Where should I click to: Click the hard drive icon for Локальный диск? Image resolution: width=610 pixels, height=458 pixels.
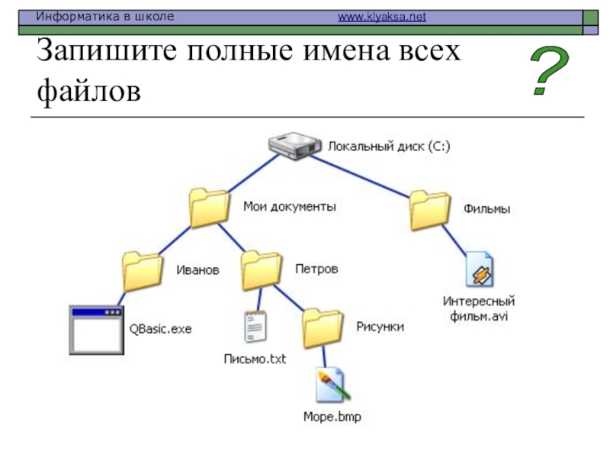(x=295, y=146)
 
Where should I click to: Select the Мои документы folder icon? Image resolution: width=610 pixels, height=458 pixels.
(x=209, y=208)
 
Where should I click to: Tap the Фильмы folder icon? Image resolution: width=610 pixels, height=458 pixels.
(x=430, y=211)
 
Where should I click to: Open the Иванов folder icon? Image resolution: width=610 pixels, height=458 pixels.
(x=142, y=272)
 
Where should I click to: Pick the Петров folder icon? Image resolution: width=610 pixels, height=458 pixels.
(x=261, y=271)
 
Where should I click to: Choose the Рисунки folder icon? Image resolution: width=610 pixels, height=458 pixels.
(x=323, y=328)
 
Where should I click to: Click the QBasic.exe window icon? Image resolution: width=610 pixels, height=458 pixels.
(x=97, y=331)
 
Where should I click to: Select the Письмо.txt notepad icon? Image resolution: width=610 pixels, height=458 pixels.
(x=255, y=327)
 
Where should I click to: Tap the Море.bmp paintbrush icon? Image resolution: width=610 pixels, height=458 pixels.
(x=332, y=385)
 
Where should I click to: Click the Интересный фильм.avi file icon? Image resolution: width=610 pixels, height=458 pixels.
(x=480, y=269)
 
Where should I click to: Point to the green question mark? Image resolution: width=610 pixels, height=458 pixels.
(x=549, y=70)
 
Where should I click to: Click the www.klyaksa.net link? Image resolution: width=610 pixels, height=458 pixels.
(x=382, y=17)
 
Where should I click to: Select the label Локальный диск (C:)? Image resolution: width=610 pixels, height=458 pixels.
(x=389, y=147)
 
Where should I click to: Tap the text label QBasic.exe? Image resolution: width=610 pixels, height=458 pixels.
(x=160, y=329)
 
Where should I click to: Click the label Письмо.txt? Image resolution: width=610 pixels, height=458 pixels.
(x=255, y=359)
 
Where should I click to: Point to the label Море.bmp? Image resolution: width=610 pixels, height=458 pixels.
(x=332, y=417)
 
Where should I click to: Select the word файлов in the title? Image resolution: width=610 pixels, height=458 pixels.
(x=88, y=91)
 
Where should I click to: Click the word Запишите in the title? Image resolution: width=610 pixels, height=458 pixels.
(x=107, y=50)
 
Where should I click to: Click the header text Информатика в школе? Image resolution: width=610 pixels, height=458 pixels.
(x=105, y=17)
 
